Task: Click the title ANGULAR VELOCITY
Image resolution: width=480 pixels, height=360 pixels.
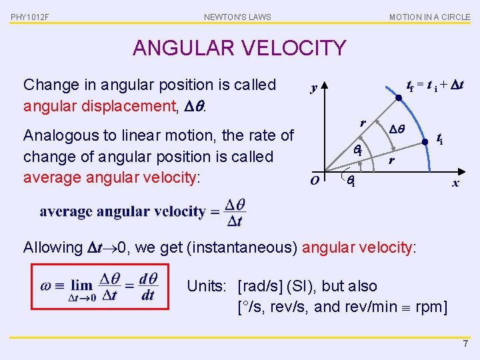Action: point(239,48)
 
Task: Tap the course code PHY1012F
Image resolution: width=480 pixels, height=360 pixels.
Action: point(30,17)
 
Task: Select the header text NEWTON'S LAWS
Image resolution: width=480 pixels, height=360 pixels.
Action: point(237,17)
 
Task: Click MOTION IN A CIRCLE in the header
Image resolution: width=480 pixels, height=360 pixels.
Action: point(429,17)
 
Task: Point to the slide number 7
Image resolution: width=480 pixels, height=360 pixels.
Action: point(465,344)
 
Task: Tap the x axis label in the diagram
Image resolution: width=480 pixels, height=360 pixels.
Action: point(455,183)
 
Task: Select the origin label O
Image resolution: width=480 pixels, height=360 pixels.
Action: point(314,179)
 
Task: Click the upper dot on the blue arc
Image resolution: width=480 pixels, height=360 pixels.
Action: point(398,99)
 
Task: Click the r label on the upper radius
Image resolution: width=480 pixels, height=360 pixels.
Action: point(362,123)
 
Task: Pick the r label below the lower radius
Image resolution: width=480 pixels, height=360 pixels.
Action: point(392,161)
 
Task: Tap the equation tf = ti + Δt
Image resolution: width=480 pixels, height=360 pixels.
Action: point(435,85)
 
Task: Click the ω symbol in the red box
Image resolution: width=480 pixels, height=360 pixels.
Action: point(45,285)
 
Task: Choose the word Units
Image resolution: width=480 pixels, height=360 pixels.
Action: point(206,287)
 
